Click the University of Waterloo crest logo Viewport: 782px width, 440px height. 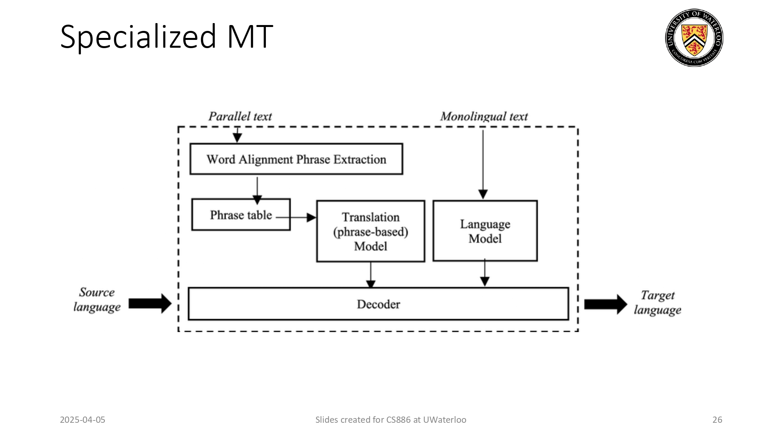coord(694,38)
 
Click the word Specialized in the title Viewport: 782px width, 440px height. coord(138,37)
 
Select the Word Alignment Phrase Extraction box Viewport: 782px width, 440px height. coord(296,159)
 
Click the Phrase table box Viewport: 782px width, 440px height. coord(241,215)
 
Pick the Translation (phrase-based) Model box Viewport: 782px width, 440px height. coord(370,231)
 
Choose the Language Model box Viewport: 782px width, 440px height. coord(485,231)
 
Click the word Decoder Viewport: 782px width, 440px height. coord(378,304)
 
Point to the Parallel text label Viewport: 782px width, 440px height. coord(240,117)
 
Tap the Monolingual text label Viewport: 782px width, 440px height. coord(484,117)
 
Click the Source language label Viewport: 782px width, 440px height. coord(97,300)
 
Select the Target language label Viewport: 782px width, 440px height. coord(657,302)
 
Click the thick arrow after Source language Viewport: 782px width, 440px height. coord(150,304)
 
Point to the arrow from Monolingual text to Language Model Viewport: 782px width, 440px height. coord(483,164)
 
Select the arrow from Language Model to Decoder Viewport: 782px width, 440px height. coord(484,273)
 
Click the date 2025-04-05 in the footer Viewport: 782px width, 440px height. coord(83,420)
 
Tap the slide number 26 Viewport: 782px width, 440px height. coord(717,420)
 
